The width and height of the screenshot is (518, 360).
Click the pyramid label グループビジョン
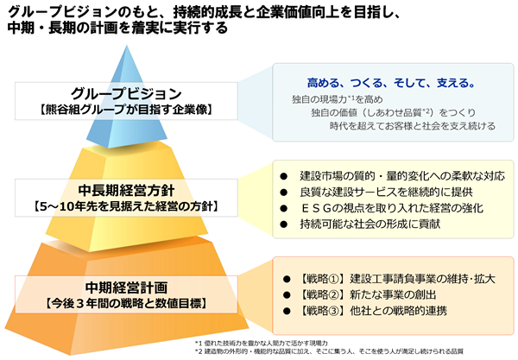126,94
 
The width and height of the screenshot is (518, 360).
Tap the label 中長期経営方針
126,191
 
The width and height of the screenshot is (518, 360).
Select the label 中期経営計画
126,287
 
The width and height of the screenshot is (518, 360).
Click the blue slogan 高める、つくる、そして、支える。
391,83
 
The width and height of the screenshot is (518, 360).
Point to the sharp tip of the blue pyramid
127,46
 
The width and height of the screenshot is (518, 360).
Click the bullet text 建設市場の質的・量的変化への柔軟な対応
402,176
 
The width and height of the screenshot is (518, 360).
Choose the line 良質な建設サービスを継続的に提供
386,192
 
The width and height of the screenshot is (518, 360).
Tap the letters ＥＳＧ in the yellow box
317,208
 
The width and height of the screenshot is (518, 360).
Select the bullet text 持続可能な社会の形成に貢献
370,224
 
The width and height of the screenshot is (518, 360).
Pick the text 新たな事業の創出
393,294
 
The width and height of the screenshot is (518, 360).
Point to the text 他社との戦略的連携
398,311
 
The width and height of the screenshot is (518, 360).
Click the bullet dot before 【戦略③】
287,311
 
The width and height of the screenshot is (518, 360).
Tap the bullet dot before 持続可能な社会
284,224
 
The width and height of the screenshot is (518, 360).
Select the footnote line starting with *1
262,343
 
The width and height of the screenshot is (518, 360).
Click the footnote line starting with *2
329,351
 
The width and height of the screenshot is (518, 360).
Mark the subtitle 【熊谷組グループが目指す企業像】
126,110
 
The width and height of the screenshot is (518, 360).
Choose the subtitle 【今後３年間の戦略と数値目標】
126,304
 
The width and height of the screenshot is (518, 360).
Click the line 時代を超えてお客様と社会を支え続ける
413,126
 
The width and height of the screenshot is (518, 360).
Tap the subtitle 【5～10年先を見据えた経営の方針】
126,206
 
